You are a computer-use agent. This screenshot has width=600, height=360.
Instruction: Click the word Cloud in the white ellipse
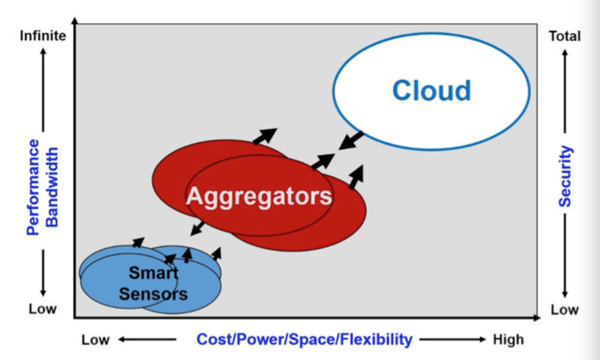point(431,90)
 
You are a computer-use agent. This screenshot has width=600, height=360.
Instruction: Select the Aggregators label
point(258,195)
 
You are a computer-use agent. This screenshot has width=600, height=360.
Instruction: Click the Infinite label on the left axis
point(41,36)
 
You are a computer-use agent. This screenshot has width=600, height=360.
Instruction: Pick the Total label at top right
point(564,36)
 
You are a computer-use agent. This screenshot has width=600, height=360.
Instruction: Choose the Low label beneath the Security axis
point(564,310)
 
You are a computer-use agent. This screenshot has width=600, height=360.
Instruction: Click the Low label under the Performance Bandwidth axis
point(42,310)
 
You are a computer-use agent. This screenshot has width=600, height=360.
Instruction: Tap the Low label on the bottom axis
point(95,339)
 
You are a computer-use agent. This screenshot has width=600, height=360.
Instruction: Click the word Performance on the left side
point(34,186)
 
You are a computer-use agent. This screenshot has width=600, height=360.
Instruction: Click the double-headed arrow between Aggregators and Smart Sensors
point(197,227)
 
